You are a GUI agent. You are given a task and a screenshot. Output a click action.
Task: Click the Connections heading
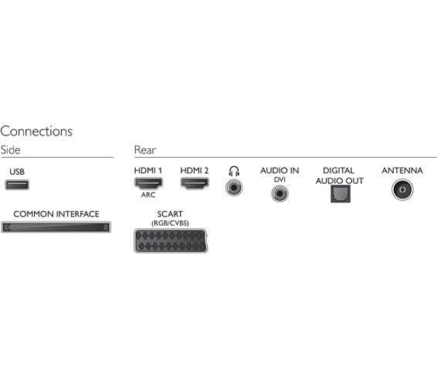(36, 132)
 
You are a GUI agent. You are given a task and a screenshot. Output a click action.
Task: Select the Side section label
(11, 150)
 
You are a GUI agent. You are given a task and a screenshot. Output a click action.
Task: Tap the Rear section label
(145, 150)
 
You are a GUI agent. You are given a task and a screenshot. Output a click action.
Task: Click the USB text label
(17, 172)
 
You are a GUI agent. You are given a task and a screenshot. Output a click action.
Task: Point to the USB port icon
(17, 185)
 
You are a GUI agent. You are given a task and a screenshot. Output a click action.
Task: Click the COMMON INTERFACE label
(56, 214)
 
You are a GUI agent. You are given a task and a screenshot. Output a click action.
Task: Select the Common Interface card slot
(56, 227)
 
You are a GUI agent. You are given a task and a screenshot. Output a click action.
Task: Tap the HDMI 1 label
(148, 171)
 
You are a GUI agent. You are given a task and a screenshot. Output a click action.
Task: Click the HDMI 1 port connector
(149, 183)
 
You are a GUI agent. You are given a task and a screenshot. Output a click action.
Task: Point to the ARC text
(148, 195)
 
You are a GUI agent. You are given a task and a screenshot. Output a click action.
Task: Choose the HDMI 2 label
(194, 171)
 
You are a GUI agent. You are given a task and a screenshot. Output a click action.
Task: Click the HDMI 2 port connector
(195, 183)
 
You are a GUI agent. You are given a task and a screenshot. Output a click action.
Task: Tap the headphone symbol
(234, 171)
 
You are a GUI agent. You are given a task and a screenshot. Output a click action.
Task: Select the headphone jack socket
(234, 187)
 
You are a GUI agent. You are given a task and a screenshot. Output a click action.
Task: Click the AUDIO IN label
(280, 171)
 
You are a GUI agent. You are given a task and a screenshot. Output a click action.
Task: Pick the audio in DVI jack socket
(280, 193)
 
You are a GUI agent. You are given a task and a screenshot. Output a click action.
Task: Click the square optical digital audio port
(341, 194)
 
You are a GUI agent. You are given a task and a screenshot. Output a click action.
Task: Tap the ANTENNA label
(402, 171)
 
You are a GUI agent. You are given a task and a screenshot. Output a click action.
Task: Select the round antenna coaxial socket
(402, 190)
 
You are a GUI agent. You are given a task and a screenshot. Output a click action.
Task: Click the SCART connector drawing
(171, 241)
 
